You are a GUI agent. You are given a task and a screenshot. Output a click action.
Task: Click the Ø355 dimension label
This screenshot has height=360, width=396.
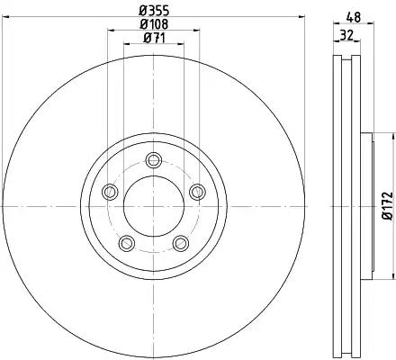point(154,11)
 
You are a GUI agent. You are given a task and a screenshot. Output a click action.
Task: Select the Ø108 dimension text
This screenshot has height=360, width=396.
point(154,24)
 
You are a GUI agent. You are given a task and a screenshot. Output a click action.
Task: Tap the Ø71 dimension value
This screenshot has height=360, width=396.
point(154,38)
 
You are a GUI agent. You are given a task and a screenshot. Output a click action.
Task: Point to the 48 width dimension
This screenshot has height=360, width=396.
point(354,17)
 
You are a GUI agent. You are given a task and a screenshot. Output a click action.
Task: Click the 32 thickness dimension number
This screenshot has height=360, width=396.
point(346,35)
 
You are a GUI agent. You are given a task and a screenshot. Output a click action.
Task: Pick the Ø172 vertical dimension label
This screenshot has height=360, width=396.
point(388,206)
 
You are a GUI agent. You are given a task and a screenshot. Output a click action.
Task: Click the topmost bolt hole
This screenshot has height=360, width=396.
point(154,160)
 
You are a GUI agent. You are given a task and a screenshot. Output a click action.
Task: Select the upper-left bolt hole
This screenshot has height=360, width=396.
point(110,192)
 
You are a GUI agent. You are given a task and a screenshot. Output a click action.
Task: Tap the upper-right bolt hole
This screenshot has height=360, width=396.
point(197,192)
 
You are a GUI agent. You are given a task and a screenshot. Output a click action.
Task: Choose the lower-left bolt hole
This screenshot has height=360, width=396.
point(127,243)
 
